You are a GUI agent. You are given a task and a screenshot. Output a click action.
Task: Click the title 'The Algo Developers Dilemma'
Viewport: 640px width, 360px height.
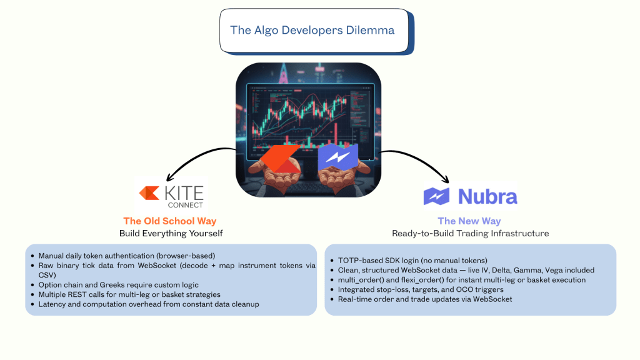(x=312, y=30)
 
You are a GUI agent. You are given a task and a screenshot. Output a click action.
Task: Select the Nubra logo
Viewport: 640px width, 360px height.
(x=470, y=196)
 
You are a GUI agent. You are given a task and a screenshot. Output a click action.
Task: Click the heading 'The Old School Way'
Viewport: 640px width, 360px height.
(x=170, y=221)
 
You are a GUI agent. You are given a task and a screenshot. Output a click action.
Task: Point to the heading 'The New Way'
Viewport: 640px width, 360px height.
(x=469, y=221)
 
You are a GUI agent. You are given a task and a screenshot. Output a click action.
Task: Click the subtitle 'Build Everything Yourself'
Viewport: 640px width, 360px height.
(x=171, y=234)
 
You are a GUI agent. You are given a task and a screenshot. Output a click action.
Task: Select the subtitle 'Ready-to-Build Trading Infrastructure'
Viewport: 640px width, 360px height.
(x=470, y=234)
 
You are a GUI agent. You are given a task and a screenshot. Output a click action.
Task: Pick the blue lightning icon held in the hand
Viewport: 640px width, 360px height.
(x=338, y=157)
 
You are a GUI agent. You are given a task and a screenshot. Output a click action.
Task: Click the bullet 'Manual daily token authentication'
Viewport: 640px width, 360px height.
(x=126, y=256)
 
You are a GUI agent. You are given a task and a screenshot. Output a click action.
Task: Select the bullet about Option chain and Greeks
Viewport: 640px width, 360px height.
(x=118, y=285)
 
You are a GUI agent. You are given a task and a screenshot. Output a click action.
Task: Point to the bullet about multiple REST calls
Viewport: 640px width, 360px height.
(x=129, y=295)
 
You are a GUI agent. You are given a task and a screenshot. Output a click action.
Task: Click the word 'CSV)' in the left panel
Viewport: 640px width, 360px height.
(x=47, y=275)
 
